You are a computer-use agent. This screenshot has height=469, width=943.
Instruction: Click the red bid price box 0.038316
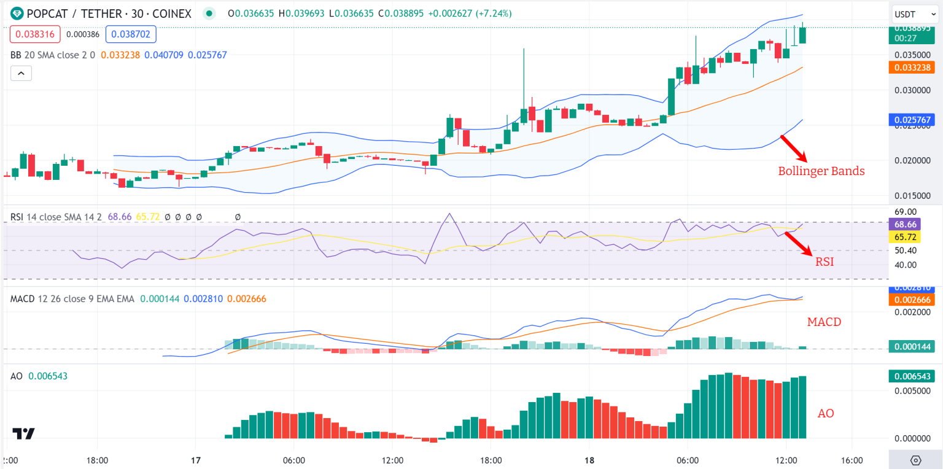tap(35, 34)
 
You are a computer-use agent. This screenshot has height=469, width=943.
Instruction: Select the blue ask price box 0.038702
tap(131, 34)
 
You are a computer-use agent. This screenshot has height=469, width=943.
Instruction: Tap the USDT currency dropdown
tap(915, 14)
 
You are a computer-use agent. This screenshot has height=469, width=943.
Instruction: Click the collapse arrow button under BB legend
tap(21, 74)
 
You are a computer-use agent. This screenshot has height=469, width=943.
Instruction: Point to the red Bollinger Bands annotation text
tap(821, 171)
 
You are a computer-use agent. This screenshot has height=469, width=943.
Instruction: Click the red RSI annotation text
tap(825, 262)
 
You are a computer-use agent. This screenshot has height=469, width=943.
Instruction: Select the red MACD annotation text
tap(824, 322)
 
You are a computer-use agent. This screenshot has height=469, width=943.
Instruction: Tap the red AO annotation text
tap(826, 413)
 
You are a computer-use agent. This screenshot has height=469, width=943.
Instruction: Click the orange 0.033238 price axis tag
tap(912, 68)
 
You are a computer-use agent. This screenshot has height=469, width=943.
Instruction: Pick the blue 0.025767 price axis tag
tap(912, 120)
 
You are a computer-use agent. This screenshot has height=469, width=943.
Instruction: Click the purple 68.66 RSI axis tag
tap(905, 225)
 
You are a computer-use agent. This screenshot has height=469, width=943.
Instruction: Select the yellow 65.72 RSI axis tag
tap(905, 237)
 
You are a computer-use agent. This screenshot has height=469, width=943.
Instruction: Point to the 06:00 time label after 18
tap(688, 460)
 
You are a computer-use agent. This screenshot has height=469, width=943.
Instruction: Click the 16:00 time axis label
tap(852, 460)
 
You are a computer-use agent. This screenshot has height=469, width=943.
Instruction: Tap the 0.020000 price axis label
tap(912, 160)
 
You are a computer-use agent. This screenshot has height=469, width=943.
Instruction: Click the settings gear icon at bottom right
tap(915, 460)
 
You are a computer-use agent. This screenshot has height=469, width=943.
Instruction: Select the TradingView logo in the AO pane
tap(23, 433)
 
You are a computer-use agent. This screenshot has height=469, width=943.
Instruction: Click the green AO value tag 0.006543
tap(912, 376)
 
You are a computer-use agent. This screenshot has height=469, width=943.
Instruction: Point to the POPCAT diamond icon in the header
tap(17, 14)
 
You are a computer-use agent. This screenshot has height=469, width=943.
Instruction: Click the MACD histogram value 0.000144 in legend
tap(160, 299)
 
